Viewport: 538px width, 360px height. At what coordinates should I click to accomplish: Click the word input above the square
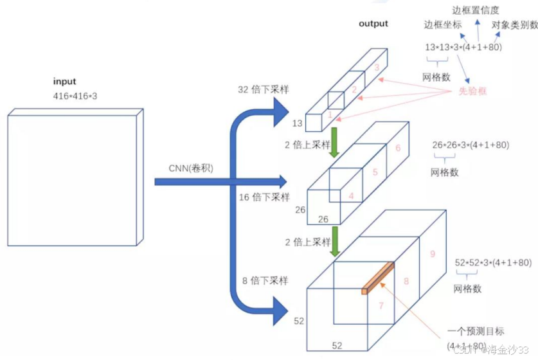pos(64,82)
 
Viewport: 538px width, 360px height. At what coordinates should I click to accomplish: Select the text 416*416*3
pos(75,95)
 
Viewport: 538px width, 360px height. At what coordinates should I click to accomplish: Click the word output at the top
pos(373,24)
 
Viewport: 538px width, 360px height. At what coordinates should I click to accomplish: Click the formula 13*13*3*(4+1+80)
pos(463,48)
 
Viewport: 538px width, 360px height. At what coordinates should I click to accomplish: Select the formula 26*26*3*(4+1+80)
pos(472,145)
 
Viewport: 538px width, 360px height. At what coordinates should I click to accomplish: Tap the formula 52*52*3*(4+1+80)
pos(493,263)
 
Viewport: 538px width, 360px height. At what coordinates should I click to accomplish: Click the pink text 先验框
pos(472,91)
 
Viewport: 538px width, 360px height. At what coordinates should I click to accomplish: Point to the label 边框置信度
pos(479,9)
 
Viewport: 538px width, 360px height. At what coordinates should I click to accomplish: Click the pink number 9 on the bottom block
pos(433,254)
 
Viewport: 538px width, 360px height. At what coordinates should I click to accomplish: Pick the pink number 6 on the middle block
pos(398,148)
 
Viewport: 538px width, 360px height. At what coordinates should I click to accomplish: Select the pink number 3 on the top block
pos(377,67)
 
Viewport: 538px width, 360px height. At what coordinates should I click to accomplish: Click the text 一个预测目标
pos(476,332)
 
